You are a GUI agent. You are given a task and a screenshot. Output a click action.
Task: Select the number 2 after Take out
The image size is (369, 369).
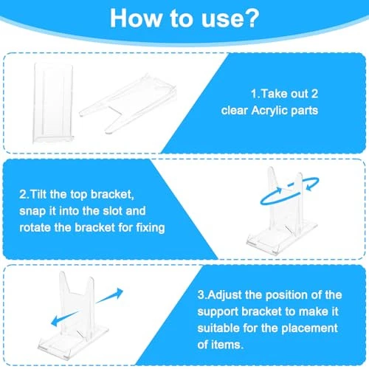pos(314,94)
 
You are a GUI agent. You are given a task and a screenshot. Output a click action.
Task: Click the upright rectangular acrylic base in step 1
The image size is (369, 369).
pos(53,103)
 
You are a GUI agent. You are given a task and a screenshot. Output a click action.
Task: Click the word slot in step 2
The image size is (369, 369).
pos(112,211)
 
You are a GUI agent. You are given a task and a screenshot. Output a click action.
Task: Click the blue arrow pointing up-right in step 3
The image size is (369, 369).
pos(109,296)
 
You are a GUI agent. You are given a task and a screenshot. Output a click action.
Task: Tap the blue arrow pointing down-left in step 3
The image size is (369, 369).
pos(64,319)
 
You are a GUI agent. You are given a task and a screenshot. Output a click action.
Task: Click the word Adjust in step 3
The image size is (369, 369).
pos(224,295)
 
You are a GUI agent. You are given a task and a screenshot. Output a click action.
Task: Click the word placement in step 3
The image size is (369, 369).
pos(309,329)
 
